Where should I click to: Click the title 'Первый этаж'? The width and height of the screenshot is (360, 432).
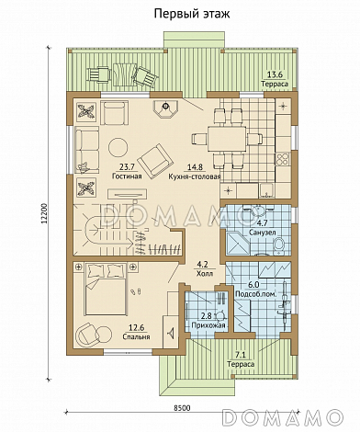tap(192, 14)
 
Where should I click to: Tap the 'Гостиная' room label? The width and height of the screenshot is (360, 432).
tap(127, 176)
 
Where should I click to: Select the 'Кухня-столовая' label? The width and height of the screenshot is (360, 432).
tap(195, 176)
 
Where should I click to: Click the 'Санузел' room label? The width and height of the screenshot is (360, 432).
tap(262, 232)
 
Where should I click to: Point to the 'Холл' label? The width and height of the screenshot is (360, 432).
tap(205, 273)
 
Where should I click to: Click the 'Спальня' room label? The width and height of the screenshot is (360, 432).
tap(136, 336)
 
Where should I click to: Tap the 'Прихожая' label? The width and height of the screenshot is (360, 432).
tap(208, 325)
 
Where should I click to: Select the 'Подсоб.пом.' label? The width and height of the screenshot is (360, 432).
tap(255, 294)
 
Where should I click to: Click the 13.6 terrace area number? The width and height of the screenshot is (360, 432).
tap(275, 74)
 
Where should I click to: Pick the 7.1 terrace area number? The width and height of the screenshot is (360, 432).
tap(241, 356)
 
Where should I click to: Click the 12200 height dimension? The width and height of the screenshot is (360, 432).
tap(44, 213)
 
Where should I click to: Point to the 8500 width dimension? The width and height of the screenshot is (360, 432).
tap(182, 408)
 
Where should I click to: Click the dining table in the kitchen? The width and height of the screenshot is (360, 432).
tap(227, 140)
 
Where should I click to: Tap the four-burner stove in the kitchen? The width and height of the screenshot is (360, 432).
tap(283, 159)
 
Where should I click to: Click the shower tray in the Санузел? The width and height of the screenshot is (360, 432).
tap(238, 244)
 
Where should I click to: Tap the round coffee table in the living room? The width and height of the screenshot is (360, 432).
tap(118, 147)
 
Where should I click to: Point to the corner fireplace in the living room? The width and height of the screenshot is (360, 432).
tap(165, 108)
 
